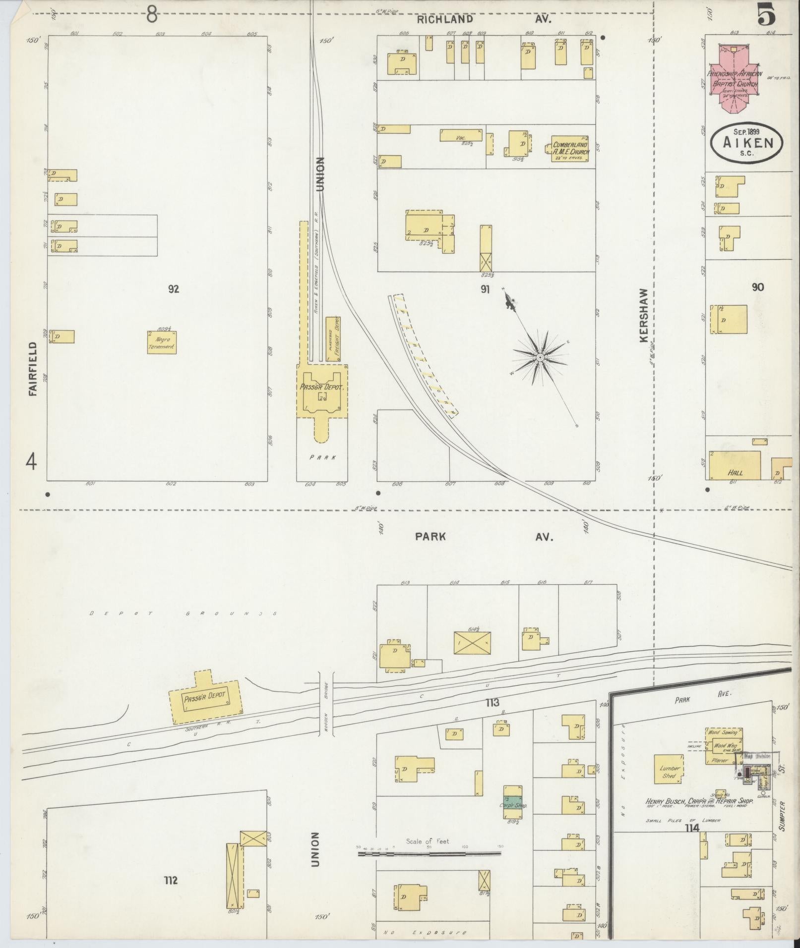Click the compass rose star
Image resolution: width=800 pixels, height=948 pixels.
coord(540,357)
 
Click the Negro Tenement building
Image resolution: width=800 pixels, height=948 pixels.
coord(162,342)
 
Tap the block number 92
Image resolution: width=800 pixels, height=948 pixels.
coord(173,289)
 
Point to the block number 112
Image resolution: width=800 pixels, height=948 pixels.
coord(171,880)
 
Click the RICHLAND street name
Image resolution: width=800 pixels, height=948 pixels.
coord(444,19)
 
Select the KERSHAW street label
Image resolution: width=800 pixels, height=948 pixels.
coord(644,315)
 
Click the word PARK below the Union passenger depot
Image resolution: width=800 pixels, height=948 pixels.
coord(322,457)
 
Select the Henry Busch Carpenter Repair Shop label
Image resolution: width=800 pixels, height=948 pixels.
coord(699,801)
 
